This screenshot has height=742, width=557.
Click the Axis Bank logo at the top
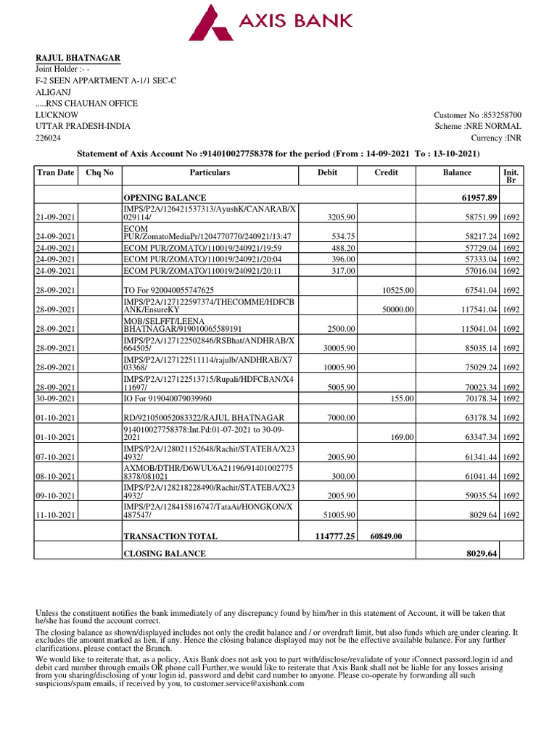coord(272,22)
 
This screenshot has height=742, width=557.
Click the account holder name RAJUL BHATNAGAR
coord(78,58)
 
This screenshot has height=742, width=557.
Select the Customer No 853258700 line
coord(477,114)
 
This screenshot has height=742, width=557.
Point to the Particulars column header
coord(210,172)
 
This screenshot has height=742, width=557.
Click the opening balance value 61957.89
coord(478,198)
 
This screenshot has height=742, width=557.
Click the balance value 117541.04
coord(476,309)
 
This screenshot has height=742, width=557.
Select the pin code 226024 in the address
coord(49,137)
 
